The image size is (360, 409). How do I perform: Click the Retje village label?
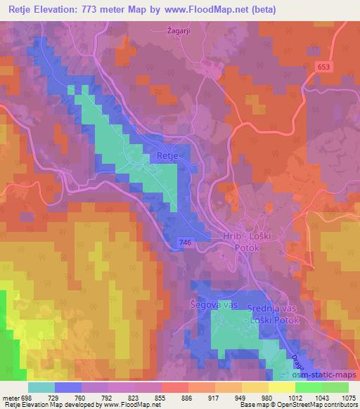(168, 156)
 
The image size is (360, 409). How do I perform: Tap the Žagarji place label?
(180, 30)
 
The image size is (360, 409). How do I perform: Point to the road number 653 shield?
(342, 65)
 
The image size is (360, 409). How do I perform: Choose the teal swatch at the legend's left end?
(41, 387)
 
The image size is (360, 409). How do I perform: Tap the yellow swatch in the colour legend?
(255, 387)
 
